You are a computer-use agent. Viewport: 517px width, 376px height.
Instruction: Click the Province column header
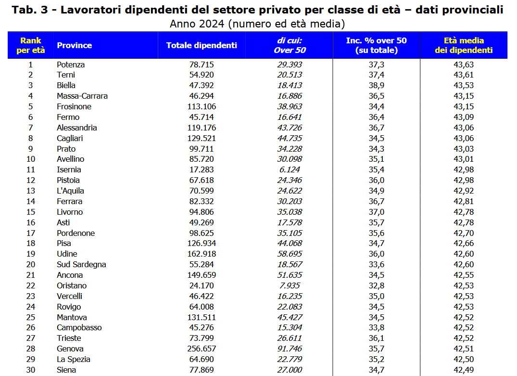point(75,45)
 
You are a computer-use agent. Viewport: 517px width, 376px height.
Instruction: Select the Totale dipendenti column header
point(202,45)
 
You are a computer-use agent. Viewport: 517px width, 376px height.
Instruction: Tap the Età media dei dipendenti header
point(464,45)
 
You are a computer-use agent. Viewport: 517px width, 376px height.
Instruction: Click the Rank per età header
point(30,45)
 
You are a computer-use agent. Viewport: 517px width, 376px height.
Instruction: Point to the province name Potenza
point(71,65)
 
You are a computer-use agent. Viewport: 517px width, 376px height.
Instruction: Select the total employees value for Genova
point(202,349)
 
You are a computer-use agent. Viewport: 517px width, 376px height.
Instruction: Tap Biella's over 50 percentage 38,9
point(377,85)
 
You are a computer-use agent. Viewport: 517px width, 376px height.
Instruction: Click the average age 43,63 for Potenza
point(464,65)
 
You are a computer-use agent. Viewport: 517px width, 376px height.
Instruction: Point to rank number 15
point(31,212)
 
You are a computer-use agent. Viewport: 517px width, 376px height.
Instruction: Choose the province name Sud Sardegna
point(81,264)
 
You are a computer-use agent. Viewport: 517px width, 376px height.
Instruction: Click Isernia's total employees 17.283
point(202,169)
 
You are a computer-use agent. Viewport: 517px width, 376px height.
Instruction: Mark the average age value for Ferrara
point(464,201)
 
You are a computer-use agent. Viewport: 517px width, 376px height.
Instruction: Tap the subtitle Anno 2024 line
point(257,24)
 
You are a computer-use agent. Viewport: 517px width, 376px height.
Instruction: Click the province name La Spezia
point(74,359)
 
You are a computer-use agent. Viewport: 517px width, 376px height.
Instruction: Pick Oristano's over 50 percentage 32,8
point(377,285)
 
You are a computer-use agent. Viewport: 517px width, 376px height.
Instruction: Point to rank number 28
point(31,349)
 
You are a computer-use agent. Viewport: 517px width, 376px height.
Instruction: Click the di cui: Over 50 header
point(290,45)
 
